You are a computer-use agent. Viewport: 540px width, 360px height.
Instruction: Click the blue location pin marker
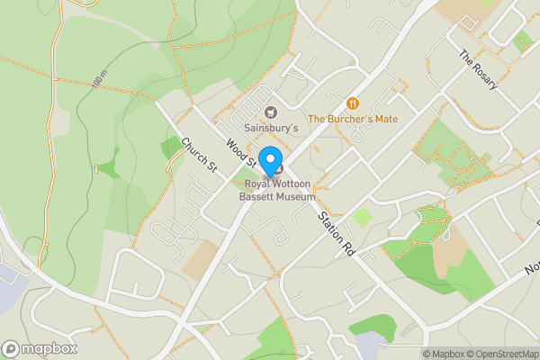click(x=269, y=161)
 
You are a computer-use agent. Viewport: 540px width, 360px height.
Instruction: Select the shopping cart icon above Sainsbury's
click(x=269, y=112)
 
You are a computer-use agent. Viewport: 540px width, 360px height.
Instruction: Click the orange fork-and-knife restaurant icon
click(x=353, y=103)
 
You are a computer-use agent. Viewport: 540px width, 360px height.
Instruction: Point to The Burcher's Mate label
click(x=354, y=119)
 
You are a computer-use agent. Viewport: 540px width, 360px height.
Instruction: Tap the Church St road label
click(x=200, y=155)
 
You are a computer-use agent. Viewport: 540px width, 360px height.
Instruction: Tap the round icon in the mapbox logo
click(x=12, y=348)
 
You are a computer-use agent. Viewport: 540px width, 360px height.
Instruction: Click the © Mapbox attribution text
click(x=443, y=354)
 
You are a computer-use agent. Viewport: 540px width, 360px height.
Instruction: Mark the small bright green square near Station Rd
click(x=362, y=217)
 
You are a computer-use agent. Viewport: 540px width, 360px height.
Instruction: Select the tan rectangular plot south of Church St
click(x=200, y=259)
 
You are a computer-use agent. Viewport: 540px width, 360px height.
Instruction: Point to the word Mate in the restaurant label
click(x=386, y=119)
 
